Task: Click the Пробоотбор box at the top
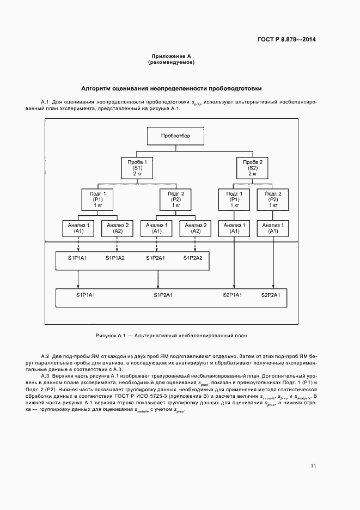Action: click(x=175, y=136)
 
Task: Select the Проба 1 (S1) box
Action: click(x=137, y=167)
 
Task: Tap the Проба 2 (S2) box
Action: click(x=253, y=167)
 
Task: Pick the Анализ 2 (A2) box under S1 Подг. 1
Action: click(x=118, y=228)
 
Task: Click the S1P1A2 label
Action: click(x=115, y=258)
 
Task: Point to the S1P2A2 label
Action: click(x=193, y=258)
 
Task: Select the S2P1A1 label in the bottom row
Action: click(x=233, y=295)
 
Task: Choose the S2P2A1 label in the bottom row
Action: click(x=271, y=295)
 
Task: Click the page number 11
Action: click(x=313, y=466)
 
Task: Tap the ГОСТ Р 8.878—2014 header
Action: click(x=287, y=39)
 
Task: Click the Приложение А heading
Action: click(x=171, y=57)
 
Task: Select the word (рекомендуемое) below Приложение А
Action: click(x=171, y=63)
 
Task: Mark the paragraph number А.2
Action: click(x=45, y=355)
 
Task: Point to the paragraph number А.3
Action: click(x=45, y=376)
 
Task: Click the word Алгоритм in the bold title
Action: click(x=95, y=88)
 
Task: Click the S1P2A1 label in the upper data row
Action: click(x=155, y=258)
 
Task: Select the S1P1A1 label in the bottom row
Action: click(x=86, y=295)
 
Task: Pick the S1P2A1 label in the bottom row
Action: click(x=163, y=295)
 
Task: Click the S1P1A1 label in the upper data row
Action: click(x=77, y=258)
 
